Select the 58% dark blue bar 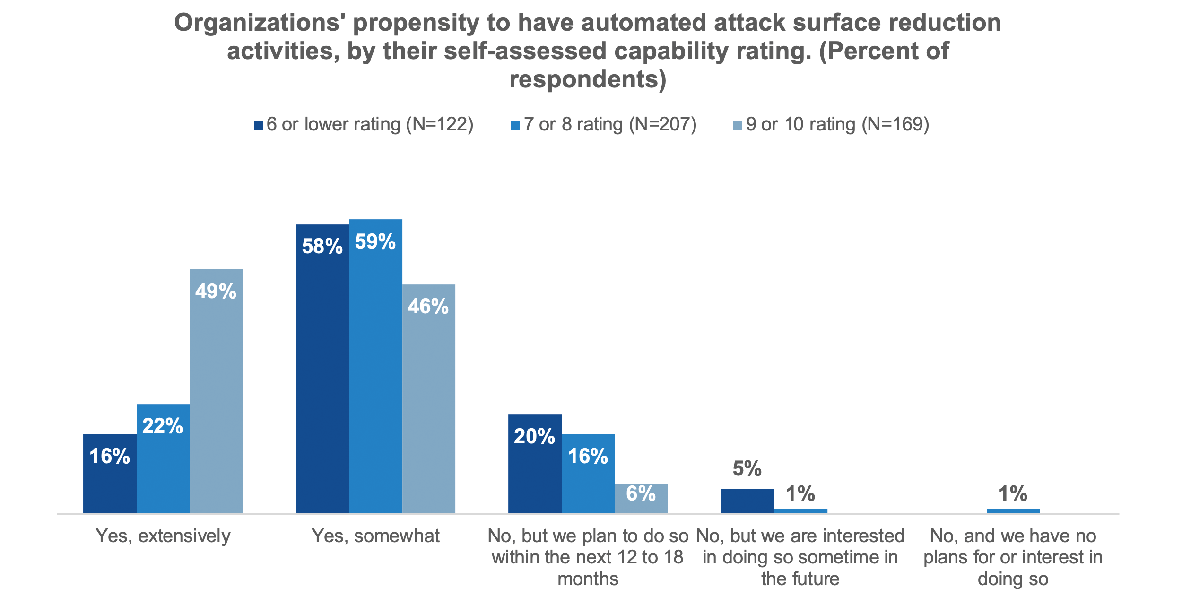(x=322, y=369)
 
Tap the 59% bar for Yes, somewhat (x=375, y=366)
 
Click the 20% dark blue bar (x=535, y=464)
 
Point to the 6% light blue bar (x=641, y=498)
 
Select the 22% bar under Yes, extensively (x=163, y=458)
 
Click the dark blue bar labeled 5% (x=747, y=501)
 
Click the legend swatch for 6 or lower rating (x=259, y=125)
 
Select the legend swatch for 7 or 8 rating (x=515, y=125)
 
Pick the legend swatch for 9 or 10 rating (x=738, y=125)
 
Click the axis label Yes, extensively (x=163, y=536)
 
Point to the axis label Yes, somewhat (x=375, y=536)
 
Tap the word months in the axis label (x=588, y=579)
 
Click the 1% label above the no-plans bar (x=1013, y=494)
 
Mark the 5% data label (x=747, y=469)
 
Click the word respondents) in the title (x=588, y=79)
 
